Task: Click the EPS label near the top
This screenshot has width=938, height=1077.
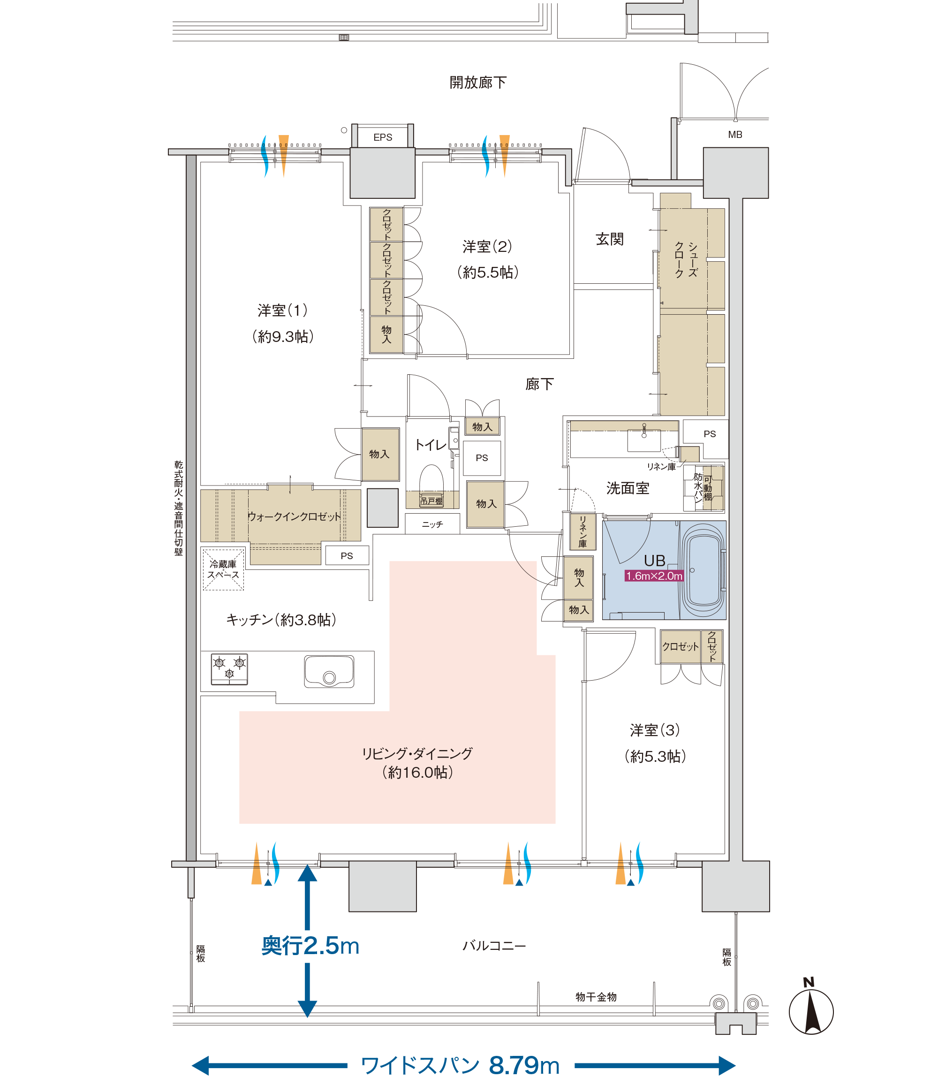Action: coord(383,137)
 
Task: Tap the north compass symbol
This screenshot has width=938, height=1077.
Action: coord(811,1008)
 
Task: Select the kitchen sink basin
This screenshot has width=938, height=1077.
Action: coord(329,671)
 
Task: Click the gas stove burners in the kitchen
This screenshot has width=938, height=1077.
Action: coord(229,669)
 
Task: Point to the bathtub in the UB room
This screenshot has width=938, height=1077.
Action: coord(704,571)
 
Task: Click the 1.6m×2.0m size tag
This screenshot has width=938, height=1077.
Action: coord(654,576)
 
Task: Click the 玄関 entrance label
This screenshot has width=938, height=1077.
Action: coord(610,239)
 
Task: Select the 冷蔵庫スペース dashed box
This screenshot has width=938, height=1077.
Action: coord(224,569)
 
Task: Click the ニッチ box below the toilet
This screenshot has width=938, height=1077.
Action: coord(432,523)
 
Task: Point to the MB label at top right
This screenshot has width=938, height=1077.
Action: coord(735,135)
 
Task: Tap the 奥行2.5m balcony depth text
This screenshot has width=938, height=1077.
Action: coord(310,946)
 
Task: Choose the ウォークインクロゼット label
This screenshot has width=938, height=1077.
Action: coord(294,517)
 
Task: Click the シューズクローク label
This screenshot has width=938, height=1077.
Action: coord(686,260)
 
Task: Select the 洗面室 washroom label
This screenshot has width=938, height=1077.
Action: coord(628,488)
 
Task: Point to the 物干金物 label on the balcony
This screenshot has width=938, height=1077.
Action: coord(596,997)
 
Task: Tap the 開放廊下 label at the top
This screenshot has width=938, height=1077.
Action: coord(478,83)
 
